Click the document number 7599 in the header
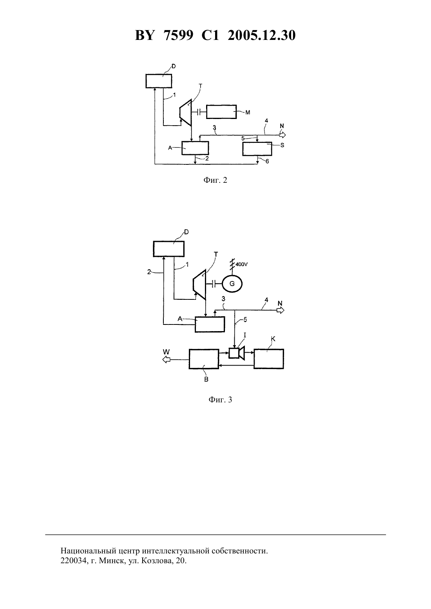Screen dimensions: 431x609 [x=178, y=36]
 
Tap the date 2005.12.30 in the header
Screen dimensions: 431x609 [x=261, y=36]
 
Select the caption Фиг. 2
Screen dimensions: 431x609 [x=215, y=180]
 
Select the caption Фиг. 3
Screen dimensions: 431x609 [x=220, y=399]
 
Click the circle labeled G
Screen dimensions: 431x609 [x=232, y=284]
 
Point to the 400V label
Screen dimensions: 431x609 [x=242, y=264]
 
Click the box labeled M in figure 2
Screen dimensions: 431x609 [x=221, y=112]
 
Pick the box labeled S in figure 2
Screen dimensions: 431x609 [x=257, y=149]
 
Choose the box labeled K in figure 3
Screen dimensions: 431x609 [x=268, y=359]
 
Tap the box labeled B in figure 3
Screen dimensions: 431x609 [x=204, y=359]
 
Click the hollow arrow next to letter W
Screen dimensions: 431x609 [x=166, y=360]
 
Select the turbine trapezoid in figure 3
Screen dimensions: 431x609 [x=199, y=283]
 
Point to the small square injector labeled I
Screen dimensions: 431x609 [x=234, y=353]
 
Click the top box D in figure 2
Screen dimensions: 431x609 [x=159, y=81]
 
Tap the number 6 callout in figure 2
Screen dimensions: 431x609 [x=267, y=162]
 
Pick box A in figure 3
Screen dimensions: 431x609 [x=210, y=324]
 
